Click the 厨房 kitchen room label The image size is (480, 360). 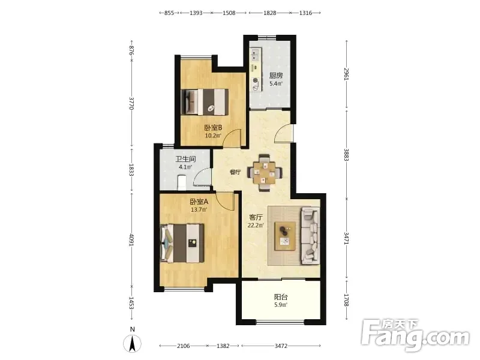(276, 76)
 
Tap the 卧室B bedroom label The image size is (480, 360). (213, 128)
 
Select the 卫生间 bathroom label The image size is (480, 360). (185, 159)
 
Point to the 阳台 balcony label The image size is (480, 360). (281, 297)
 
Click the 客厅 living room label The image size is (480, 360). (256, 217)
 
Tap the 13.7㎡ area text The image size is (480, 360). (199, 209)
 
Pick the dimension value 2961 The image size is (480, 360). (346, 74)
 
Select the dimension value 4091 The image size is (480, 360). (131, 239)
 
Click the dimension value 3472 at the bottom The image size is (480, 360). (281, 346)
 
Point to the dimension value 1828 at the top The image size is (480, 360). (269, 13)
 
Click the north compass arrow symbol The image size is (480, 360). (132, 343)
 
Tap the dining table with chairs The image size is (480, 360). (264, 173)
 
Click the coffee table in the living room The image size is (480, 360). (285, 236)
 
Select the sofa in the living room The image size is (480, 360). (311, 235)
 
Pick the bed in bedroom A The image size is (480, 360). (182, 244)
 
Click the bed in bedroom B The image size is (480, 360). (205, 102)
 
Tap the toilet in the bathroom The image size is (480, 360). (182, 182)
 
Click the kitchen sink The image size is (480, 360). (256, 55)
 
